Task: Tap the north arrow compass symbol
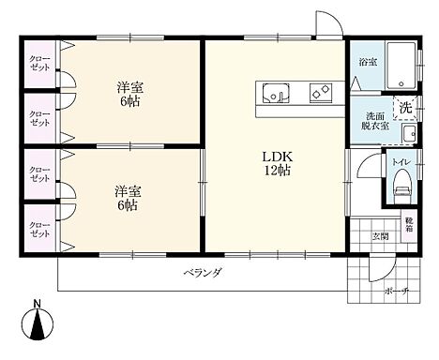tap(38, 323)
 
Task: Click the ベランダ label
tap(202, 273)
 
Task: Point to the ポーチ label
tap(397, 292)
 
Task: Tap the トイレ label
tap(401, 162)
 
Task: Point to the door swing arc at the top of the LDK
tap(325, 25)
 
